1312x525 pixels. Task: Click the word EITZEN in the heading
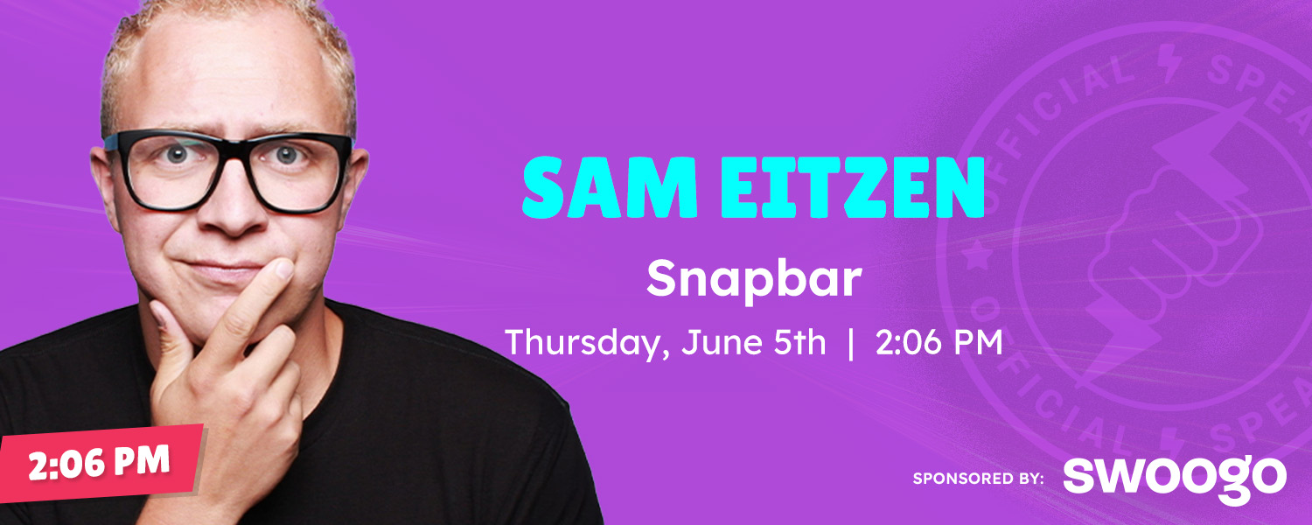852,188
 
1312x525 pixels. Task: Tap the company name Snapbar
754,280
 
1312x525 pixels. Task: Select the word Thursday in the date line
587,343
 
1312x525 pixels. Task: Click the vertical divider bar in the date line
851,343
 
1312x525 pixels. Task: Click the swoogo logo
1175,479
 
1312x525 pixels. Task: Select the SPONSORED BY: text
978,479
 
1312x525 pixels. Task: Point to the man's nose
234,205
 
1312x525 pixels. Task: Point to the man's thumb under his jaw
173,339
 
